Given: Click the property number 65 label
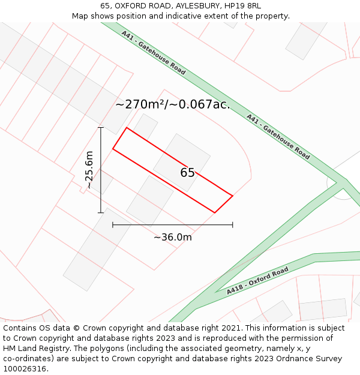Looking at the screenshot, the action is (x=187, y=173).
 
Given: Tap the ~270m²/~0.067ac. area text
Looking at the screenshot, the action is (x=172, y=104).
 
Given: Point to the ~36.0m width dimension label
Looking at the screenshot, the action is (x=173, y=237).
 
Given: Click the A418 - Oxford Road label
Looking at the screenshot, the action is (x=257, y=281).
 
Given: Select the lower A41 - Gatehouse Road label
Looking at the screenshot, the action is (x=278, y=136).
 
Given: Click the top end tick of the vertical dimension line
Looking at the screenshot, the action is (x=101, y=128).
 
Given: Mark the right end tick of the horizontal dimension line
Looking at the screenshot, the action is (x=233, y=225).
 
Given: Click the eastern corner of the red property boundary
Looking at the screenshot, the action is (x=232, y=196).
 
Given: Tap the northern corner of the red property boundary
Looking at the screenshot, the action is (x=126, y=128).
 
